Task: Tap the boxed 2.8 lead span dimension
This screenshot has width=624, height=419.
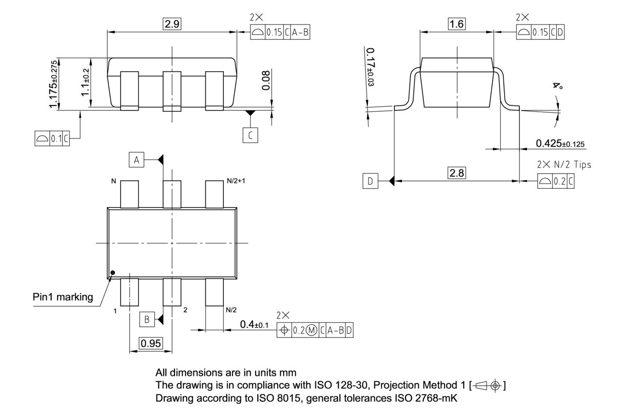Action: tap(457, 173)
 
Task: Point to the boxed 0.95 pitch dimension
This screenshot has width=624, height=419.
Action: tap(151, 343)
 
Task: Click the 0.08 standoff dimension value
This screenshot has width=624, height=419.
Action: tap(266, 80)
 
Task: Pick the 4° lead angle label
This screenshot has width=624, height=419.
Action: tap(557, 86)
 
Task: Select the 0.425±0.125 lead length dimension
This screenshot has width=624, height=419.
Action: tap(561, 144)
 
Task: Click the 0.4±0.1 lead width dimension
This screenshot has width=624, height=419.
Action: tap(253, 324)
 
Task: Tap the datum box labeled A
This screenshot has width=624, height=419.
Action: tap(137, 160)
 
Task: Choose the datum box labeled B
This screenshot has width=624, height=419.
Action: tap(146, 319)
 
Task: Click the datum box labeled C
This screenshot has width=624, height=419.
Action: tap(250, 135)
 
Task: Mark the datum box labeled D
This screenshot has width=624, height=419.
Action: tap(370, 181)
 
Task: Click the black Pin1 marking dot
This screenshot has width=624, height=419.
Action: tap(113, 273)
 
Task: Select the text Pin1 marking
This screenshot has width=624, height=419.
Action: tap(63, 297)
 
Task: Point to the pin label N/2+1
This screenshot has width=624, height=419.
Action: tap(236, 181)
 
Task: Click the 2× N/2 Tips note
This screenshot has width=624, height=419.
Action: tap(564, 164)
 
